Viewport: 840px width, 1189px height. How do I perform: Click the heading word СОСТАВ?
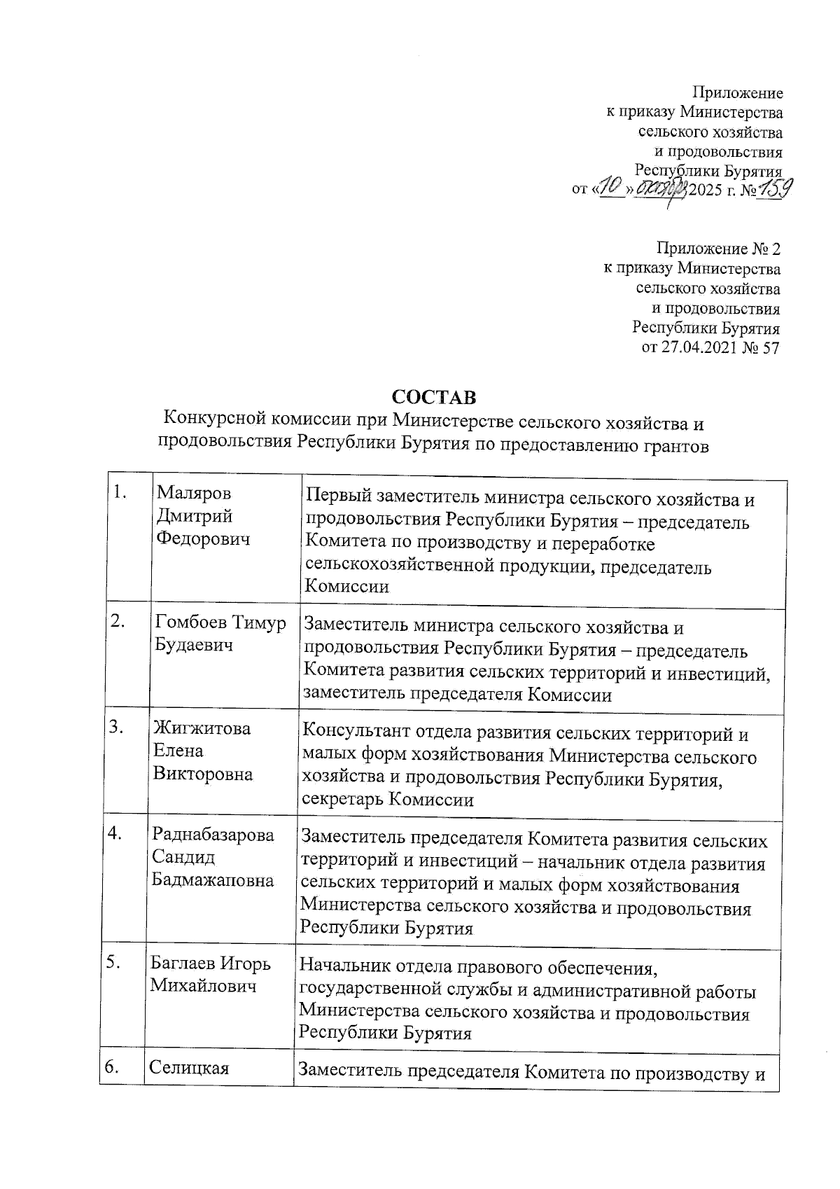(x=433, y=397)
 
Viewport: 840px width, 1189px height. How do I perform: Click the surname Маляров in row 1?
(x=194, y=493)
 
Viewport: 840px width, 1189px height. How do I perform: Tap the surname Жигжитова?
(x=202, y=728)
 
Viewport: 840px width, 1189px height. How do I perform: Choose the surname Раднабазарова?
(x=213, y=835)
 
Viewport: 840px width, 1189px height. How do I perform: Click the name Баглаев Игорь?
(x=211, y=964)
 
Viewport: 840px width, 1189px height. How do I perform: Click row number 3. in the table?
(x=116, y=728)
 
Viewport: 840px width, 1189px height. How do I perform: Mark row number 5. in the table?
(x=115, y=963)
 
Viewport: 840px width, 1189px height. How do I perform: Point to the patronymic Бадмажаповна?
(x=213, y=880)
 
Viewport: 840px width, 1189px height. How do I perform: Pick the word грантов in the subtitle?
(x=672, y=444)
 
